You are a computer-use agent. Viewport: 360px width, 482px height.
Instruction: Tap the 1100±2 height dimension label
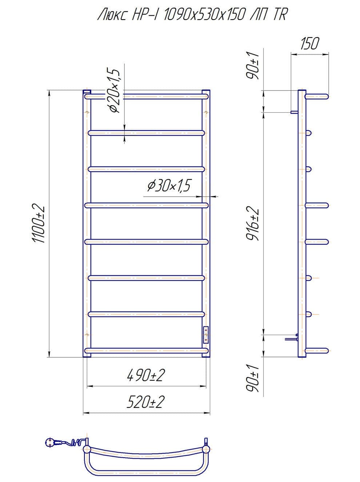[39, 224]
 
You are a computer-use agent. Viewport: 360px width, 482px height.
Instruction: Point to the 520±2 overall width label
[145, 402]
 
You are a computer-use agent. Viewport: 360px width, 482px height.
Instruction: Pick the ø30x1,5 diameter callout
[169, 186]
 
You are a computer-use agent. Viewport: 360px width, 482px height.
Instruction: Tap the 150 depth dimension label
[309, 44]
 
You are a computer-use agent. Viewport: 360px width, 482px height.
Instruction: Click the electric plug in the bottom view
[51, 442]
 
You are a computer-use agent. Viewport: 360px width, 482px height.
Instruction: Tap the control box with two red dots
[206, 334]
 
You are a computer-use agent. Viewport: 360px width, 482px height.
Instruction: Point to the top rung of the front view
[146, 97]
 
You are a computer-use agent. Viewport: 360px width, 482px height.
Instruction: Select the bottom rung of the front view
[146, 350]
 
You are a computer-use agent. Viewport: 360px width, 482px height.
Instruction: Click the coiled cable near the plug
[75, 442]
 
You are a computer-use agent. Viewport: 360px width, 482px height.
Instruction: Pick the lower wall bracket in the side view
[292, 339]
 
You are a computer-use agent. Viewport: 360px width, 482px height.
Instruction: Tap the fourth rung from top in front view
[146, 206]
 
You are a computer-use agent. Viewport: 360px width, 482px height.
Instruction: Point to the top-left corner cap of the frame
[87, 92]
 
